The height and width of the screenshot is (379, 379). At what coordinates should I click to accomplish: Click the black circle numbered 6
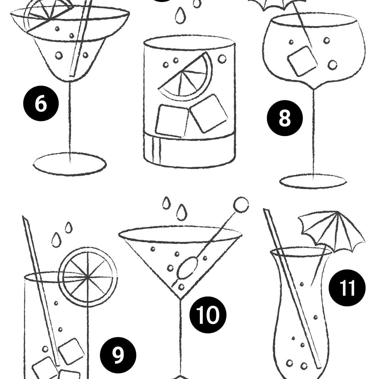click(41, 104)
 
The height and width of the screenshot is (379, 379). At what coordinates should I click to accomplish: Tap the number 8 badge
click(285, 118)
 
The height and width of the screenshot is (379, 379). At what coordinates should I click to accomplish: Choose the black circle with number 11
click(347, 288)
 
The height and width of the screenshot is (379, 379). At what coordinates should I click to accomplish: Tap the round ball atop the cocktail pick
click(241, 204)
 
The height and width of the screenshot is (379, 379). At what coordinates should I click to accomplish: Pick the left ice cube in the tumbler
click(171, 120)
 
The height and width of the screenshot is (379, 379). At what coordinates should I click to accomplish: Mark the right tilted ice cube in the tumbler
click(209, 113)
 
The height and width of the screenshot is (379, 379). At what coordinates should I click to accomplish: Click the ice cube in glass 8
click(302, 61)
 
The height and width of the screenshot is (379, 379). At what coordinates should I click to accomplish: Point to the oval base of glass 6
click(70, 164)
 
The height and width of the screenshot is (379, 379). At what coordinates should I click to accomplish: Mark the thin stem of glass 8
click(313, 133)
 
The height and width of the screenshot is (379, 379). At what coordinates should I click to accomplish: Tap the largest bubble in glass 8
click(332, 65)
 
